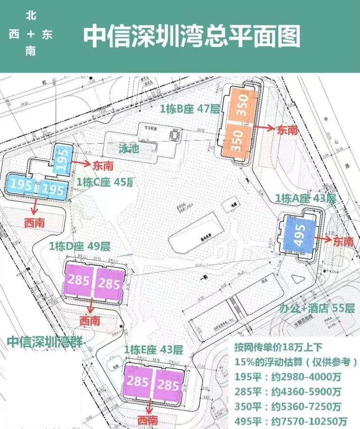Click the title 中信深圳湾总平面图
(x=192, y=36)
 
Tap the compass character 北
(x=31, y=16)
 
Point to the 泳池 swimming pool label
(x=128, y=149)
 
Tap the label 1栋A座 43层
(x=305, y=198)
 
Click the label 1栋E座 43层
(x=153, y=350)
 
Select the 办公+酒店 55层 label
(x=317, y=308)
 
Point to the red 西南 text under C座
(x=35, y=223)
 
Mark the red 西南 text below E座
(x=147, y=420)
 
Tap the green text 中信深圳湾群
(x=45, y=340)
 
